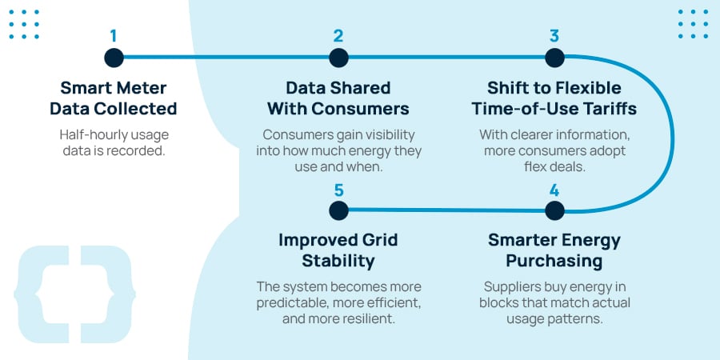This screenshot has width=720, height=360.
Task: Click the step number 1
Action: pyautogui.click(x=114, y=36)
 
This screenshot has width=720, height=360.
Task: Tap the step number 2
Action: pyautogui.click(x=338, y=36)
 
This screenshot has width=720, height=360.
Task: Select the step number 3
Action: pyautogui.click(x=554, y=36)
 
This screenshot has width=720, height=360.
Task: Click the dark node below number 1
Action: pyautogui.click(x=114, y=58)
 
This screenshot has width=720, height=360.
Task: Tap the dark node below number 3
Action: pyautogui.click(x=554, y=58)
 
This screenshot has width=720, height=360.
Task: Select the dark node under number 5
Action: pyautogui.click(x=338, y=210)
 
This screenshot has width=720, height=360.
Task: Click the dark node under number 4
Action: pyautogui.click(x=554, y=210)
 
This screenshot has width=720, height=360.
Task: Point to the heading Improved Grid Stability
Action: pyautogui.click(x=338, y=250)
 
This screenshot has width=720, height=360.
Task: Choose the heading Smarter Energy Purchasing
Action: pyautogui.click(x=554, y=250)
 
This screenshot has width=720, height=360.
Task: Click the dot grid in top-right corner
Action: pyautogui.click(x=693, y=24)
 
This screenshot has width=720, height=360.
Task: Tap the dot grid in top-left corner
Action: pyautogui.click(x=25, y=24)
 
